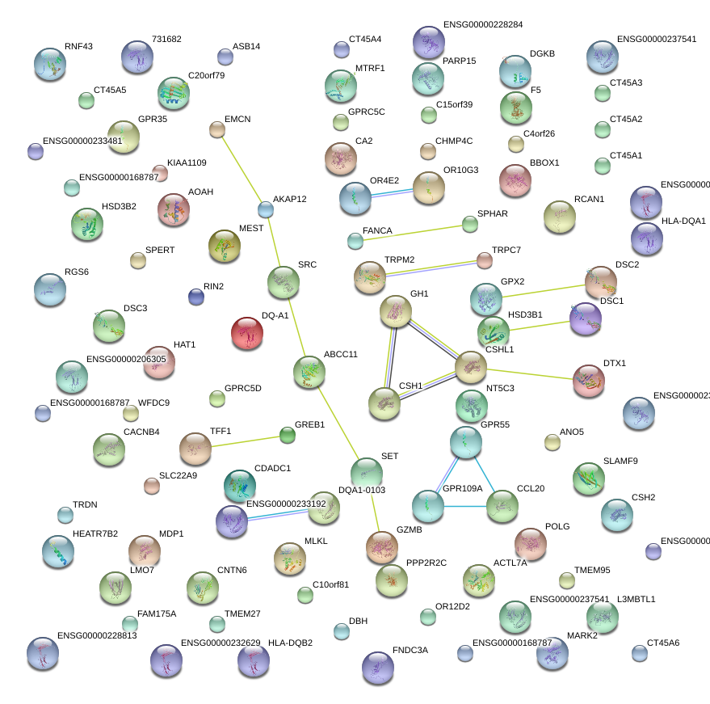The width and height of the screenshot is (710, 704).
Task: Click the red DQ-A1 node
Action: pos(247,334)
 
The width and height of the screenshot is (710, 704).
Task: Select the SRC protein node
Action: pos(283,281)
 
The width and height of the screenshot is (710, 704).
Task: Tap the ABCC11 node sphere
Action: pos(309,371)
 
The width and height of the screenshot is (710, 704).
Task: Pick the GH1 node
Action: pos(396,311)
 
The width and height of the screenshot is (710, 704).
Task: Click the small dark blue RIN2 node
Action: pos(195,297)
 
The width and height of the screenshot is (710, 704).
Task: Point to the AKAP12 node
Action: pos(266,210)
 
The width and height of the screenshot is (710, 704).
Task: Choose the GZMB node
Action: pos(382,547)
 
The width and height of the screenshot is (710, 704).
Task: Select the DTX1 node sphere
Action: pos(589,381)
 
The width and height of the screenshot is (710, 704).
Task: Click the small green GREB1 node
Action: pos(288,436)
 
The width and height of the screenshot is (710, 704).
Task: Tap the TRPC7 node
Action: pos(484,260)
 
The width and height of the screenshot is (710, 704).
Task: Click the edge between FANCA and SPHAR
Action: pos(413,233)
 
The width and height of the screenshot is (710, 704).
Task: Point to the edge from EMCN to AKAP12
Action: pos(242,170)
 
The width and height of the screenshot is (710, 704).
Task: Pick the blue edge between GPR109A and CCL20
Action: pos(465,506)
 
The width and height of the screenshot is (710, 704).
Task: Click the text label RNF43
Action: pos(78,47)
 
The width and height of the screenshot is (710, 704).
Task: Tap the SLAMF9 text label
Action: pos(620,462)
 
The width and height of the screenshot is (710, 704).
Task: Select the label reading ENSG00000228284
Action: pos(483,25)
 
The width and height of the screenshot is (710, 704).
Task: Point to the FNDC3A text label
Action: pos(410,650)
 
